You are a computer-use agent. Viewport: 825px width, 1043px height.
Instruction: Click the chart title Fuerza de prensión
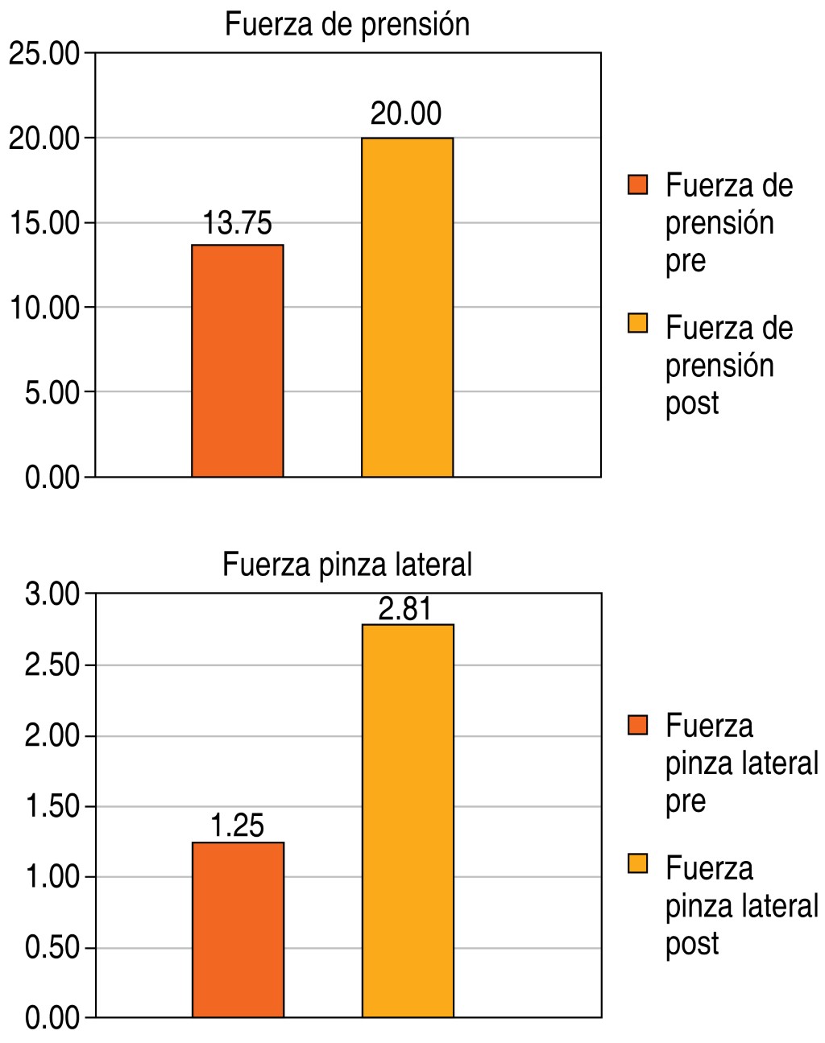point(347,25)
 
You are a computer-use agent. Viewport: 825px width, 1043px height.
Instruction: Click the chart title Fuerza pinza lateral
point(347,565)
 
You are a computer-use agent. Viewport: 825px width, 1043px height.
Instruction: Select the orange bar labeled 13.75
point(238,360)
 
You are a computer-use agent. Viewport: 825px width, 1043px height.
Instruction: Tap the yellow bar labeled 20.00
point(407,307)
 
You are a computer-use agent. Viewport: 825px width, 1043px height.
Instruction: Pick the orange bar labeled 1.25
point(238,929)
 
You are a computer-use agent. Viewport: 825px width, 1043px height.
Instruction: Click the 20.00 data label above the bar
point(406,114)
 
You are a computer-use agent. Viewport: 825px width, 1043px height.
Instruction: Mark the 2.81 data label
point(405,609)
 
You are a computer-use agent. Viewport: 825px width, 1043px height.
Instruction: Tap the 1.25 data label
point(238,826)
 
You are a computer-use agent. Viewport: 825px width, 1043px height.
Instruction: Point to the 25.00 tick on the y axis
point(44,55)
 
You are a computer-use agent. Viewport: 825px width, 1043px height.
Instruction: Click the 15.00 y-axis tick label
point(44,223)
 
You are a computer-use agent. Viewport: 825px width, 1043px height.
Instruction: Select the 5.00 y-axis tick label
point(52,393)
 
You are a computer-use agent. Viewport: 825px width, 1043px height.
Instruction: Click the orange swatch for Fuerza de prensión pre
point(638,185)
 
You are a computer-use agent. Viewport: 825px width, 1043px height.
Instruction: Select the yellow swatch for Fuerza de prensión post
point(638,324)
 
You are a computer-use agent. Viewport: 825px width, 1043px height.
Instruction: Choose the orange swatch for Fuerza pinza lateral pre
point(638,725)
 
